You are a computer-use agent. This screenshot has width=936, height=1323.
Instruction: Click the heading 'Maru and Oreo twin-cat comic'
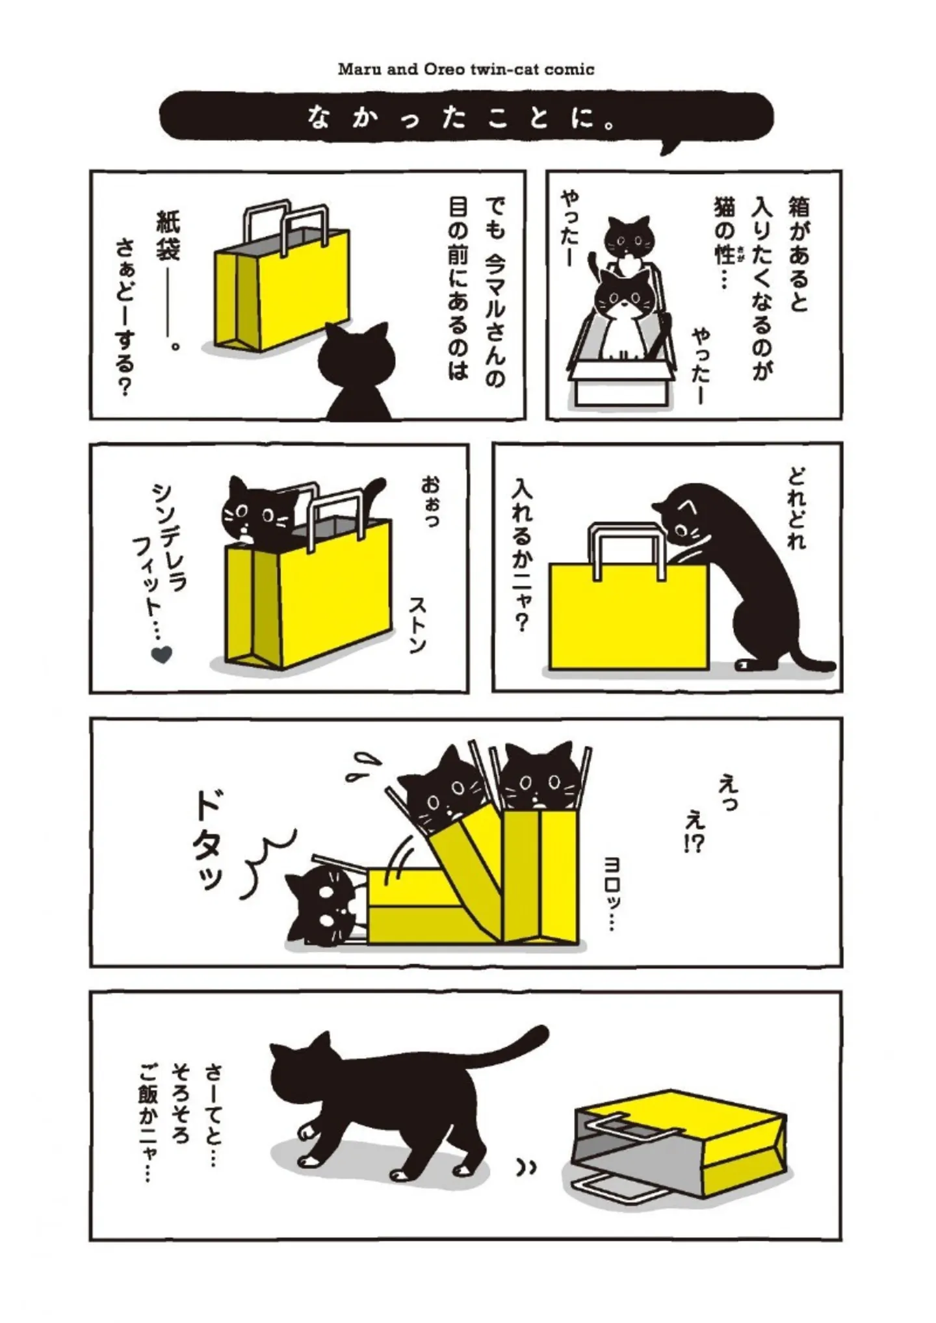(x=466, y=69)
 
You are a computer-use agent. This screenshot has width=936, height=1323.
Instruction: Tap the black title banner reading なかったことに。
(x=466, y=117)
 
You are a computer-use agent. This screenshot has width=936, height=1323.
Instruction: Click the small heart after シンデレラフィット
(x=161, y=654)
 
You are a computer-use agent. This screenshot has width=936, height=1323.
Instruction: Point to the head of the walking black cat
(x=305, y=1073)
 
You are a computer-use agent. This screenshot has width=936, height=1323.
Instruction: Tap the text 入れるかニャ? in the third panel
(x=521, y=556)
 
